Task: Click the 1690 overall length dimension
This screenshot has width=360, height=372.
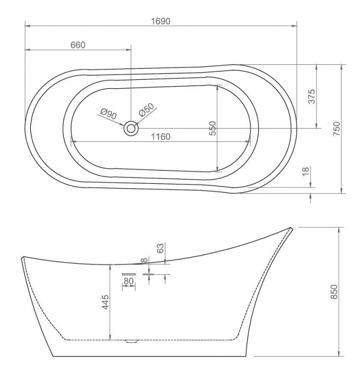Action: point(161,21)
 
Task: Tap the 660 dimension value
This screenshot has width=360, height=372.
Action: point(78,45)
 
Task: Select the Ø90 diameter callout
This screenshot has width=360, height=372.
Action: point(108,114)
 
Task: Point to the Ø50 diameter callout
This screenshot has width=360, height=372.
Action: point(147,110)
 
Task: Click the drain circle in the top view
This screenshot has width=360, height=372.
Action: point(130,128)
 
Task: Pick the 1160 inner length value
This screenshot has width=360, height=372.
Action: point(161,137)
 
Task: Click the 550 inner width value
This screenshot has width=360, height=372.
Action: point(213,128)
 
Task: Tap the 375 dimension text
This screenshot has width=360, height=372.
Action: point(311,96)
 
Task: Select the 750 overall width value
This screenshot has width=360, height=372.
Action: point(337,129)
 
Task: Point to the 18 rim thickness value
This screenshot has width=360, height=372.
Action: point(306,171)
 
